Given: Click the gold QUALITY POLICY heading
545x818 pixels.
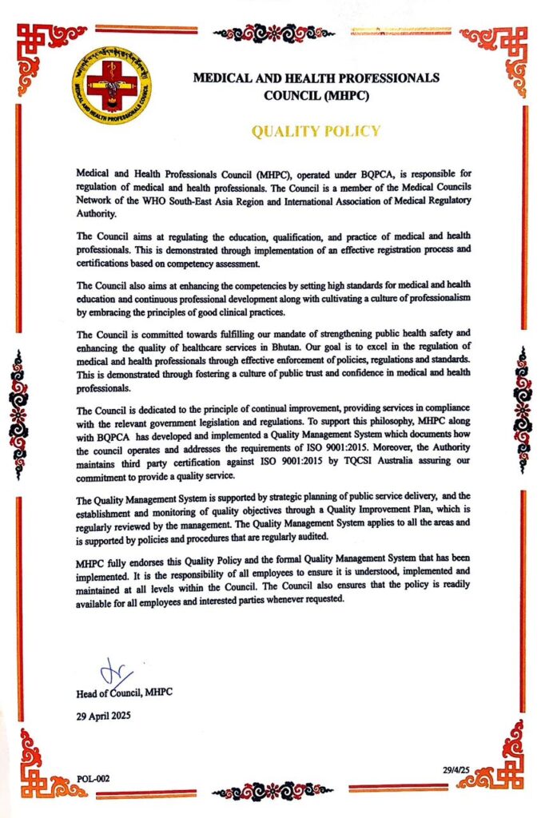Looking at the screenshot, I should click(316, 131).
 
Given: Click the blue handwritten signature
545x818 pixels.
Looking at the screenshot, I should click(113, 672).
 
